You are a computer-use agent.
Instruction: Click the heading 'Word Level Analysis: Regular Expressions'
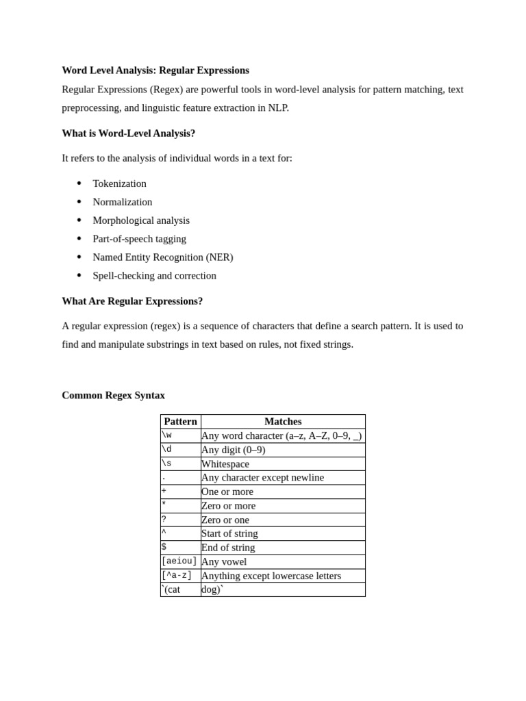(155, 71)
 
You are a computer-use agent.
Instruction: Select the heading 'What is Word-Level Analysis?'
(128, 133)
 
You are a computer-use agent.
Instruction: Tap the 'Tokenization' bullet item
(119, 183)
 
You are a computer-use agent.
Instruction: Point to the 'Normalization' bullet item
(123, 202)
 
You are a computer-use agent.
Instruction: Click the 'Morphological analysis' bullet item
(141, 220)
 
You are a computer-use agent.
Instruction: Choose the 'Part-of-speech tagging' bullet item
(139, 239)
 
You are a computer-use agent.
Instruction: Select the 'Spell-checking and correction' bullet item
(154, 276)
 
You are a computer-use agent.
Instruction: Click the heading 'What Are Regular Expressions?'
(132, 301)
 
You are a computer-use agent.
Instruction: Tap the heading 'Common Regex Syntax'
(113, 396)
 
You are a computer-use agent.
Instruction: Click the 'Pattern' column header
(181, 422)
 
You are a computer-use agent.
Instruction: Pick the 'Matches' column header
(283, 422)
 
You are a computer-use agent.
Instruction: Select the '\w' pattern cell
(167, 435)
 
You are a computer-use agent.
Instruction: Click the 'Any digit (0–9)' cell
(234, 450)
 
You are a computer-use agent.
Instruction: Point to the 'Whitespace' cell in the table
(225, 464)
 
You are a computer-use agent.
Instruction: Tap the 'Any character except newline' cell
(262, 478)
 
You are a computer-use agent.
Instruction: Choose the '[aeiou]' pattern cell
(179, 561)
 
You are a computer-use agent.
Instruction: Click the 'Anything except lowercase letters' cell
(271, 576)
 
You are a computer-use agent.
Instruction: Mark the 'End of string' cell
(228, 548)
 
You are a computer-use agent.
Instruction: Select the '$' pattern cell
(164, 548)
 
